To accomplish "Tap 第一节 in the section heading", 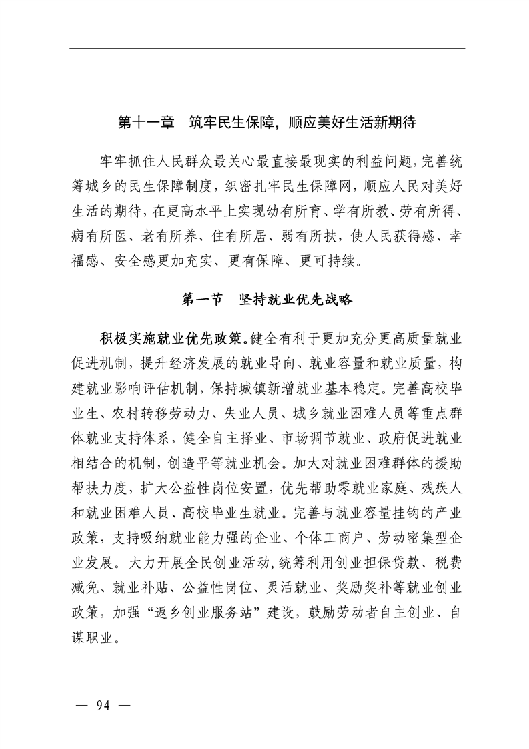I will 201,300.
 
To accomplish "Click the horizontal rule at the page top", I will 267,48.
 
